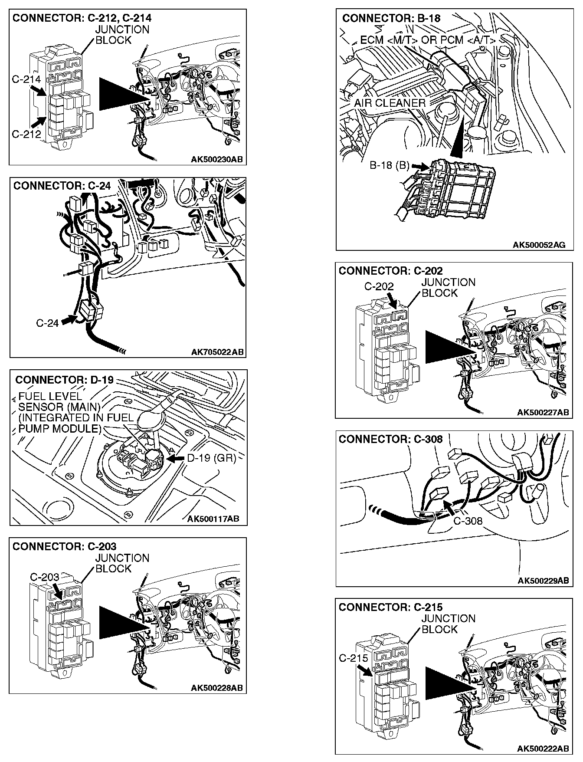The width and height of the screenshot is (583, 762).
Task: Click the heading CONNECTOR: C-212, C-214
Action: coord(82,18)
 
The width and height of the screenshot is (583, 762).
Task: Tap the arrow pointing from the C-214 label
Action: coord(39,90)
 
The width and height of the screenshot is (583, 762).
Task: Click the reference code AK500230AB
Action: coord(217,159)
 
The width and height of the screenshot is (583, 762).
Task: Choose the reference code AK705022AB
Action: coord(217,351)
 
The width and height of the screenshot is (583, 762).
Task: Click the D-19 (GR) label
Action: coord(211,458)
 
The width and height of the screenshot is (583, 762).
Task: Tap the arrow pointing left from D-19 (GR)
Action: coord(176,458)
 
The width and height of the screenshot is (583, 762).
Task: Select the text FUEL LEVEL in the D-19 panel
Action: coord(50,396)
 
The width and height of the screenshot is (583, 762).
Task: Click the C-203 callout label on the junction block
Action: coord(44,577)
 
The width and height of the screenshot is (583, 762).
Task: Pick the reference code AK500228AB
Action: coord(216,688)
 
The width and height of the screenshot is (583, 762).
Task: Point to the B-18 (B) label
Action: coord(390,165)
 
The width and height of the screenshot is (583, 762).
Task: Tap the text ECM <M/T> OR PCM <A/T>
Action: coord(428,40)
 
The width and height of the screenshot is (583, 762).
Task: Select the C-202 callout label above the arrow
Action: coord(379,286)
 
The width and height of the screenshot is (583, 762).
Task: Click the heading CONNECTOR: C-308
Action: coord(390,439)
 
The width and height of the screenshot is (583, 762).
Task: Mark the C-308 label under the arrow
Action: coord(468,520)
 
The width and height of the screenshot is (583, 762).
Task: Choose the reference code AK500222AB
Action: coord(543,749)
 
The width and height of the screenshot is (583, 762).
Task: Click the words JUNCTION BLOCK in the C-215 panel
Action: coord(448,624)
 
